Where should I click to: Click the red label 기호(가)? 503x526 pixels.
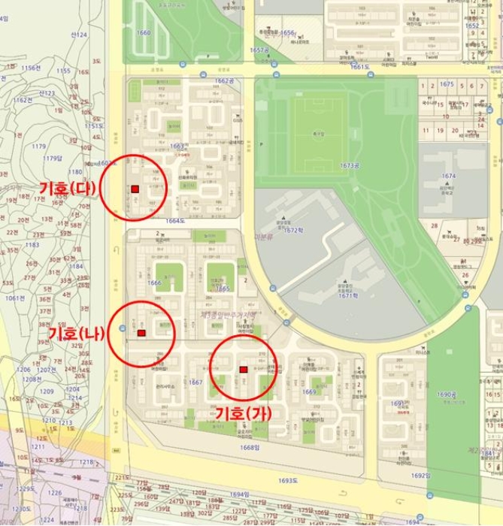pyautogui.click(x=243, y=413)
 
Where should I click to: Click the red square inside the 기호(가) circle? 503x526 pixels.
pyautogui.click(x=243, y=369)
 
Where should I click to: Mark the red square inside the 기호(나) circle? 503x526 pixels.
pyautogui.click(x=141, y=333)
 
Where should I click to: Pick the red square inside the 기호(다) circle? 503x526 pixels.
pyautogui.click(x=135, y=189)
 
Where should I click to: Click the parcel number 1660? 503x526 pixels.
pyautogui.click(x=144, y=33)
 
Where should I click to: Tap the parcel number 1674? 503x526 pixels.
pyautogui.click(x=449, y=176)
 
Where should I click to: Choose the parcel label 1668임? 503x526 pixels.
pyautogui.click(x=248, y=449)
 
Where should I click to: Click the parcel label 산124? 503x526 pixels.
pyautogui.click(x=79, y=35)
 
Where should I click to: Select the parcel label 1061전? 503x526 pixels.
pyautogui.click(x=16, y=298)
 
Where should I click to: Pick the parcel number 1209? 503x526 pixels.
pyautogui.click(x=47, y=391)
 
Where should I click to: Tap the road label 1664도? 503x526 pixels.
pyautogui.click(x=174, y=221)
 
